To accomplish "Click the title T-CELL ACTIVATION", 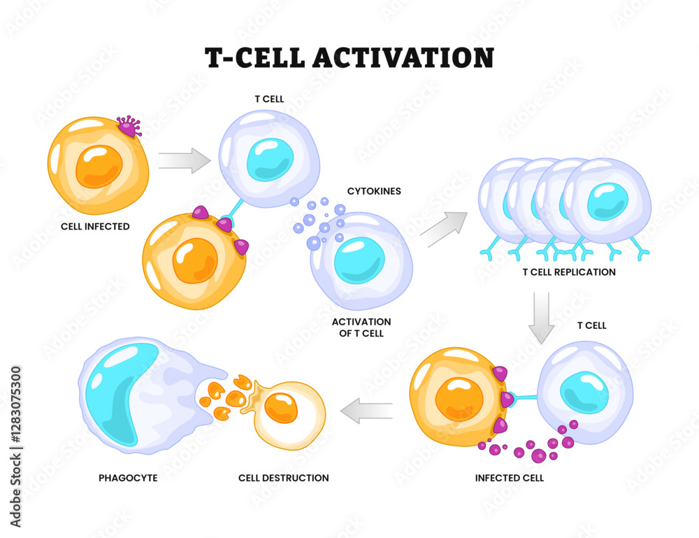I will pos(349,57).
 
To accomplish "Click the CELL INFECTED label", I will pos(95,227).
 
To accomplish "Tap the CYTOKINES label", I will pos(374,191).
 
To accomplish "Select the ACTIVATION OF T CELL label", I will pos(361,327).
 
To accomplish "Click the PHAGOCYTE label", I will pos(128,478).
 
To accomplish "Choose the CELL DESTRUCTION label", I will pos(283,478).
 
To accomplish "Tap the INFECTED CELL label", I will pos(509,478).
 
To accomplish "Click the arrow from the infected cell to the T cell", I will pos(185,160).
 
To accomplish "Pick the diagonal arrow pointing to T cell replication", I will pos(444,228).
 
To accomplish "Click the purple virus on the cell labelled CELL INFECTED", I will pos(129,127).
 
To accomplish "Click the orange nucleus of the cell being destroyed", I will pos(283,408).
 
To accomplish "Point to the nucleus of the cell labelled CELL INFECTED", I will pos(99,167).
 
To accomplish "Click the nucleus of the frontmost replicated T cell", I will pos(607,201).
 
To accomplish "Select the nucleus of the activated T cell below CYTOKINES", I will pos(359,260).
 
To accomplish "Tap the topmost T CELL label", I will pos(269,99).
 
